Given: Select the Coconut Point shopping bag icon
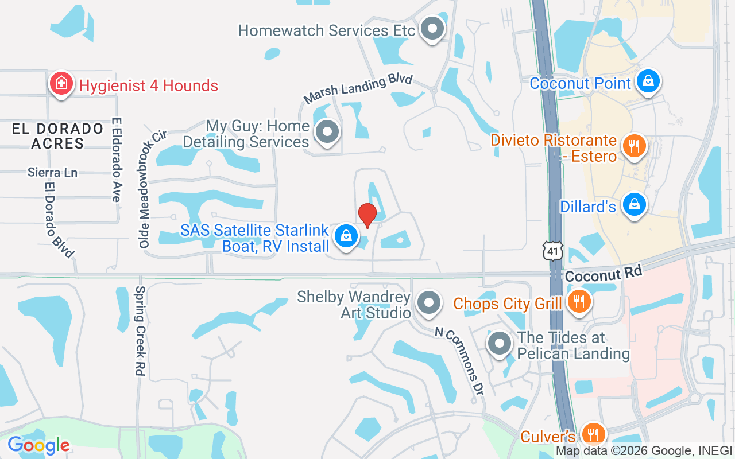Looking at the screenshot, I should coord(648,81).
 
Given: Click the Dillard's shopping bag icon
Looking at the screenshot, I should coord(635,205).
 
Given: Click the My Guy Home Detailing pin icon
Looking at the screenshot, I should coord(327,132).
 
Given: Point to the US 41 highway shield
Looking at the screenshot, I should coord(552,251).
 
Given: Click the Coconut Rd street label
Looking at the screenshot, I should coord(603,274).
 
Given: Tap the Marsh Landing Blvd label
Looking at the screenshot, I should coord(358,89).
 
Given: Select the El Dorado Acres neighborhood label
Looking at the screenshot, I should coord(57,136).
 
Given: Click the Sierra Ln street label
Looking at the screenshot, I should coord(52,172).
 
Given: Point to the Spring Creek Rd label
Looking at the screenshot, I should coord(138,331).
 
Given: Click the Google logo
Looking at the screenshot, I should coord(38,445).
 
